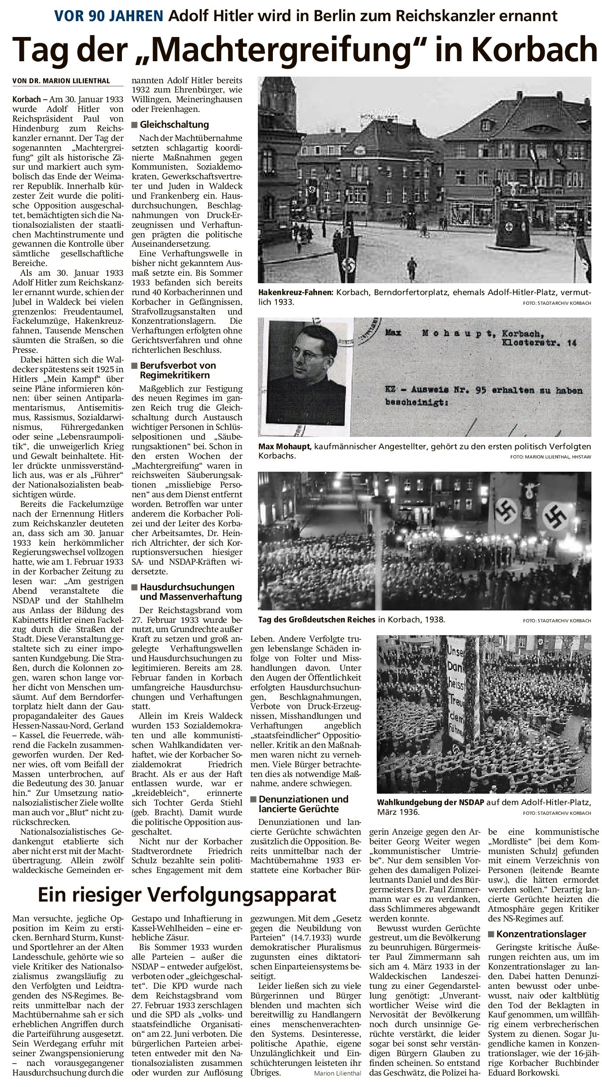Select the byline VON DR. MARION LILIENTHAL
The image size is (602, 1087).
(61, 81)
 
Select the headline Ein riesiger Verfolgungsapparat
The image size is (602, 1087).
(187, 895)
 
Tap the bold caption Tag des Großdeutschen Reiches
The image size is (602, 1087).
(317, 620)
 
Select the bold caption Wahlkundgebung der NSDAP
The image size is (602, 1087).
(430, 802)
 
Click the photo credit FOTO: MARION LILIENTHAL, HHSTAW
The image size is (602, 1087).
(551, 457)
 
